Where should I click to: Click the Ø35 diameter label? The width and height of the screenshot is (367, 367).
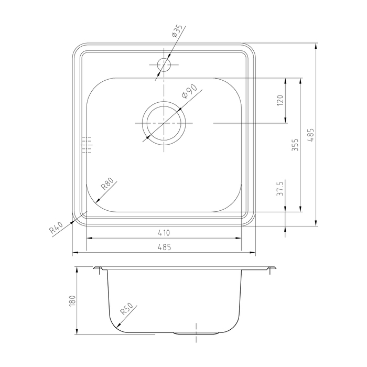[177, 31]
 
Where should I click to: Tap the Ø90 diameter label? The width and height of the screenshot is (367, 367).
[190, 91]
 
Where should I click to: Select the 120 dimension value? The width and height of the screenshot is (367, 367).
[280, 100]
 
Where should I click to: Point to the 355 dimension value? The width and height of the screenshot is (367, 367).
[295, 145]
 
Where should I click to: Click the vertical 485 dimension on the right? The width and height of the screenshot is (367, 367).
[311, 135]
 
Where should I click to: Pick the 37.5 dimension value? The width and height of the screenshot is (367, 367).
[280, 188]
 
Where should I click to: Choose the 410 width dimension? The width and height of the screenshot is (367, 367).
[164, 233]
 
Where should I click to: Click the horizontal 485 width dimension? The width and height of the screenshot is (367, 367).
[164, 247]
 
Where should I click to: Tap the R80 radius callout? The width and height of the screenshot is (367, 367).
[107, 183]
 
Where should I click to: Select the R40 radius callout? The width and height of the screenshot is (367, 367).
[56, 228]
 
